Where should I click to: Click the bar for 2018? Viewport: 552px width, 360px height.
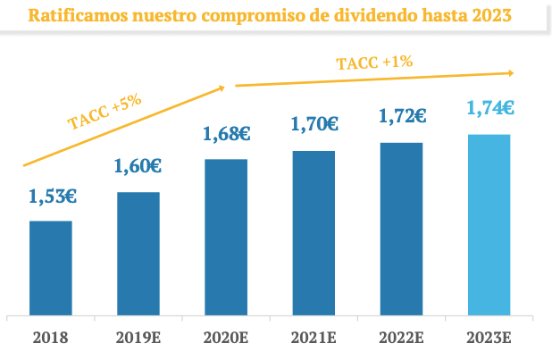click(x=51, y=268)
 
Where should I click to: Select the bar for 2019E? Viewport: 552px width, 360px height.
click(x=138, y=254)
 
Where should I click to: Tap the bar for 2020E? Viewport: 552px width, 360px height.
click(x=226, y=238)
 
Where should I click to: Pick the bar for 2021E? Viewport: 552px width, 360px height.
click(x=314, y=233)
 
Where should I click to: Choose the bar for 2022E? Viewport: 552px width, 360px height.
click(x=401, y=229)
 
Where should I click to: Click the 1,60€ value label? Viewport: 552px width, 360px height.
click(x=138, y=165)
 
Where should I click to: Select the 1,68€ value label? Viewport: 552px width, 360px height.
click(x=226, y=134)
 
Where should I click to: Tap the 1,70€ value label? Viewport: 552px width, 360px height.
click(x=314, y=124)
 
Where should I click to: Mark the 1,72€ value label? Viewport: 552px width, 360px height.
click(x=402, y=116)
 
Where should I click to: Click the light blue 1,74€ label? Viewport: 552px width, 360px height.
click(x=489, y=108)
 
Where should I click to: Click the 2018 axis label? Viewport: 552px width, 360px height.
click(x=51, y=339)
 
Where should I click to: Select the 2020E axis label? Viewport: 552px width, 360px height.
click(x=226, y=339)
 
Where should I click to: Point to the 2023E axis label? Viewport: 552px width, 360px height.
click(x=489, y=339)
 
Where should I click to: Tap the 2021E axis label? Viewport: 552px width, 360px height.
click(x=314, y=339)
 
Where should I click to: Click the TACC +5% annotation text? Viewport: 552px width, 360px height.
click(x=105, y=111)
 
